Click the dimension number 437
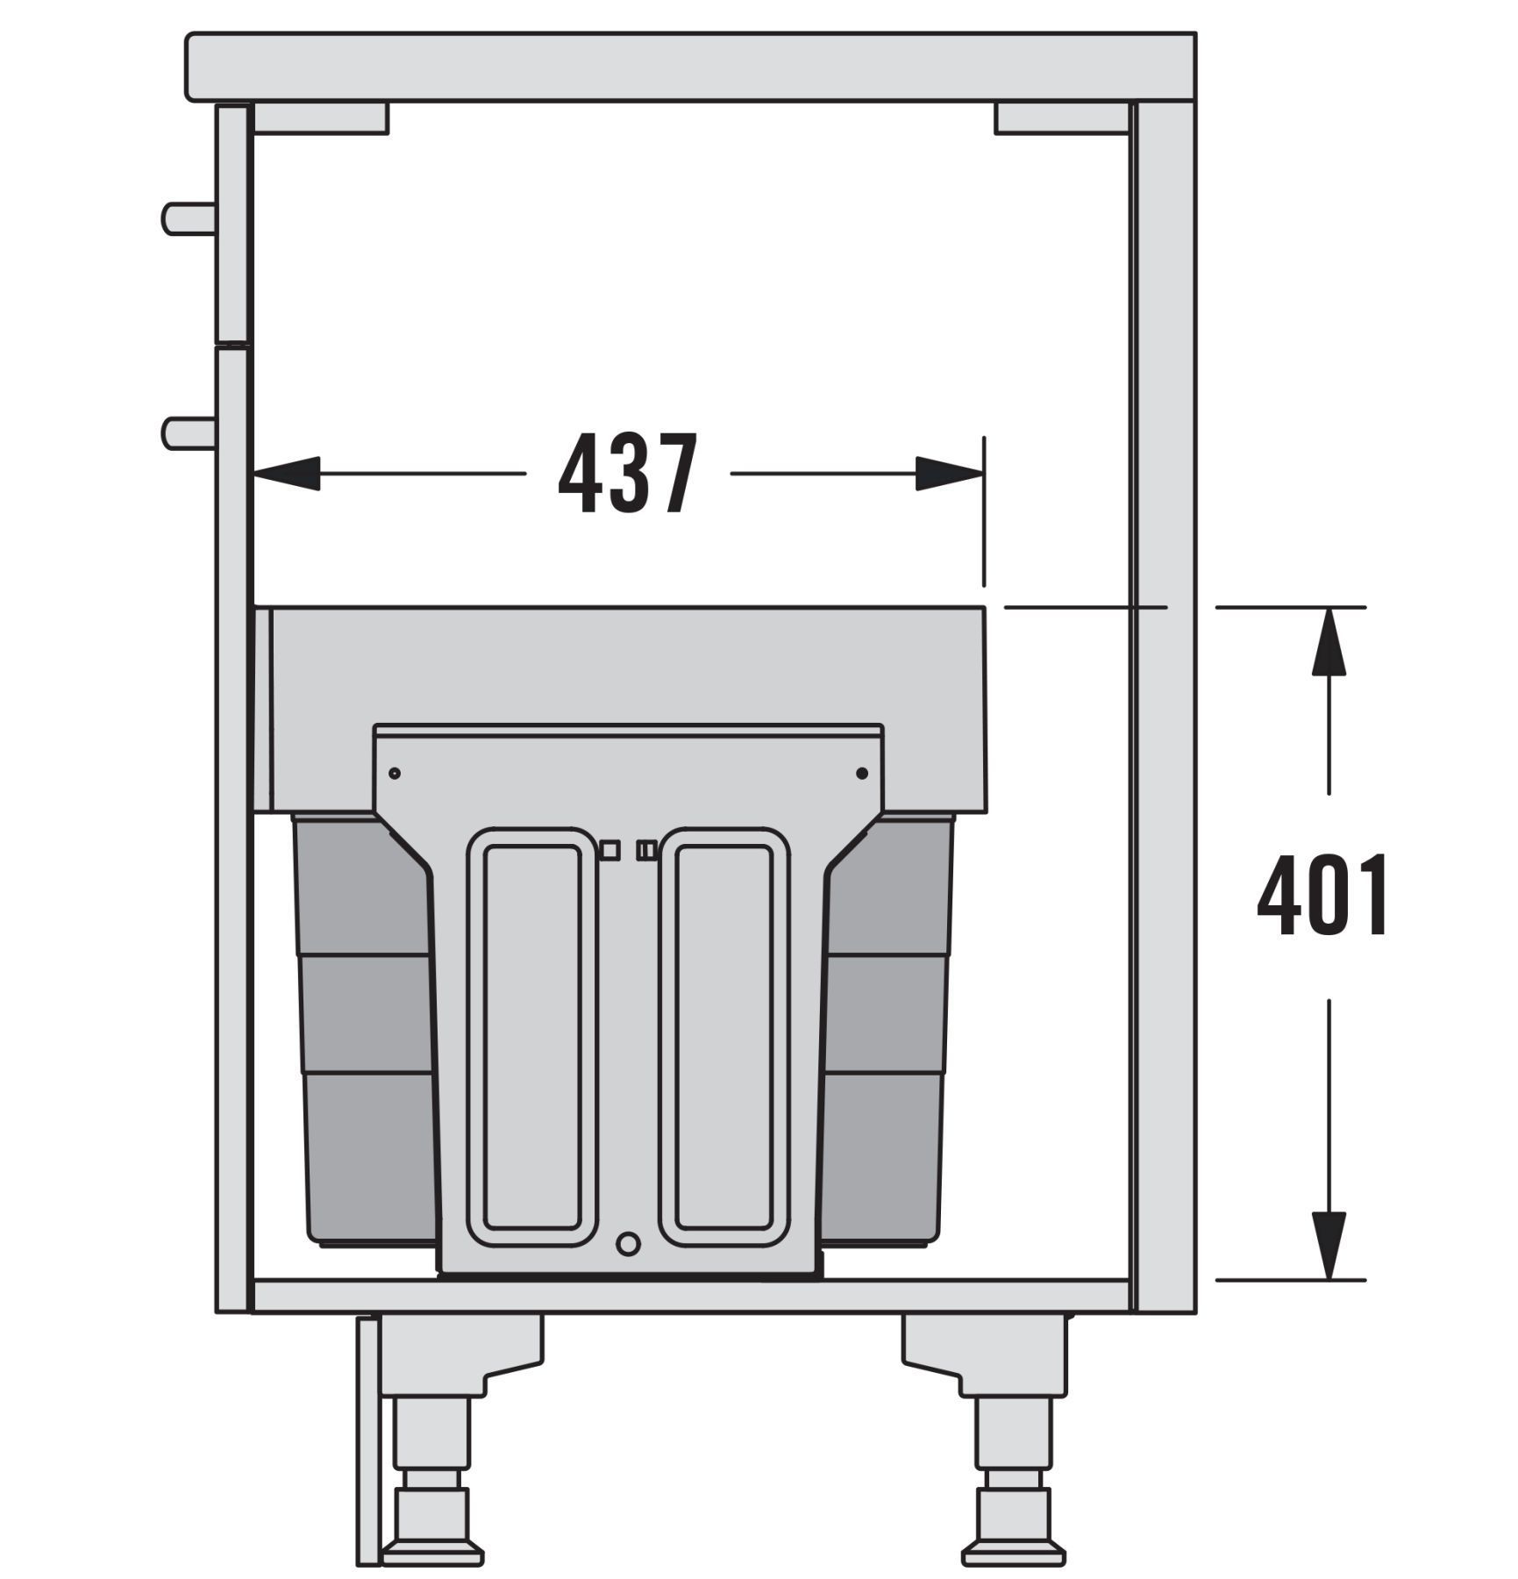628,474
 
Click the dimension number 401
1323,895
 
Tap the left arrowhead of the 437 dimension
287,474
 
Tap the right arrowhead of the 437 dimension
950,474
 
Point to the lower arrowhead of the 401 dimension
1329,1246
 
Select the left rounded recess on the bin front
532,1037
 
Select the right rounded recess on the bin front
724,1037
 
